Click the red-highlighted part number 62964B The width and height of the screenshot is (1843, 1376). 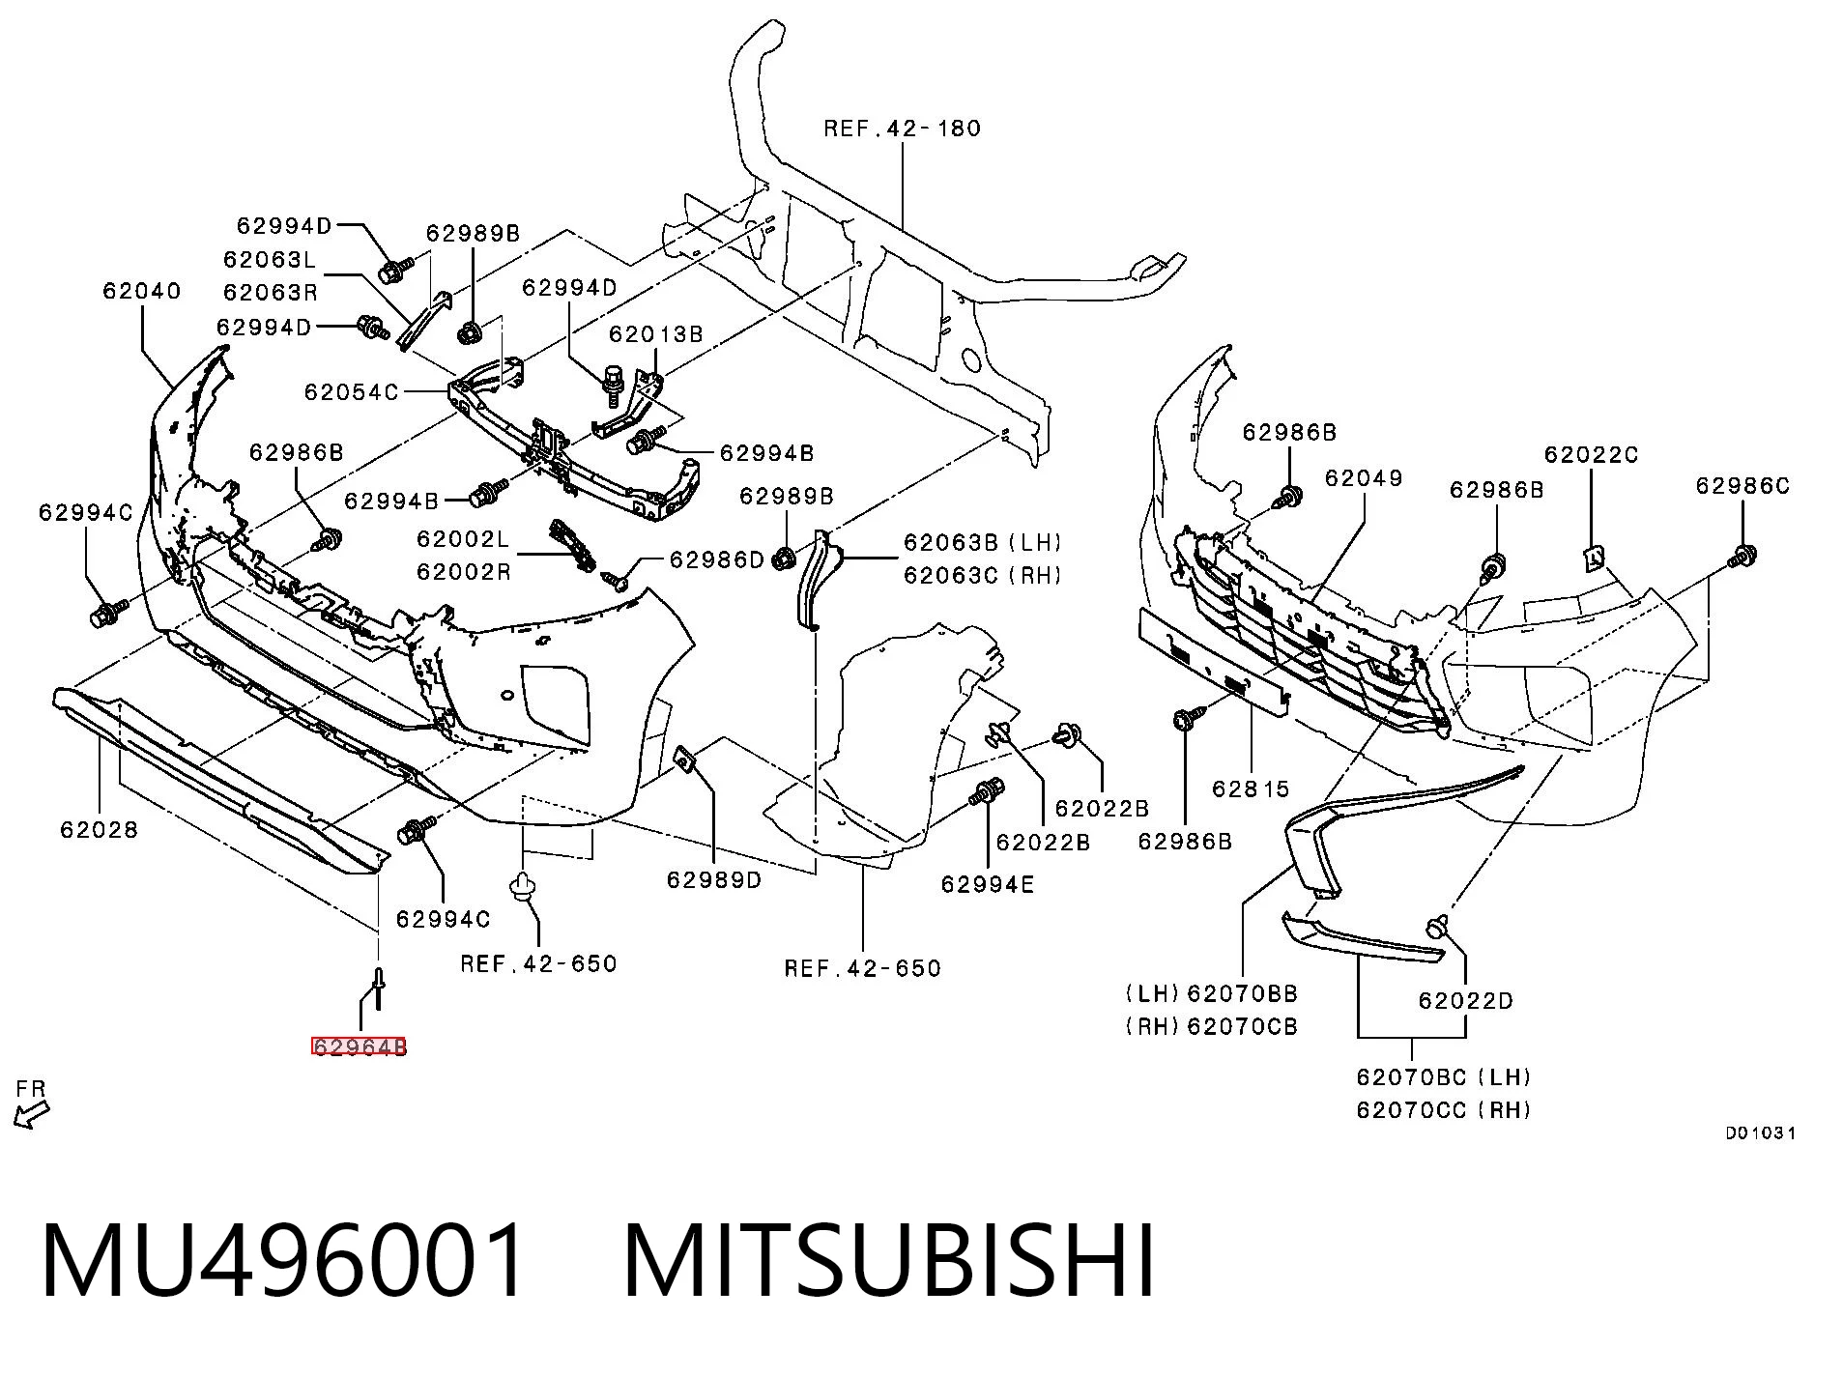point(358,1046)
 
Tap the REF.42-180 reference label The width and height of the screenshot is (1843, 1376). point(902,129)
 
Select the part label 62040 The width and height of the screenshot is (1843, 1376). point(142,291)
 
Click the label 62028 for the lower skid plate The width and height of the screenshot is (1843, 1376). point(99,830)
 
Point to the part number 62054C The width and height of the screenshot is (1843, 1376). point(352,391)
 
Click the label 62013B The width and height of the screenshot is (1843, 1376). point(656,334)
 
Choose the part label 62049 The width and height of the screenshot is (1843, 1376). point(1364,477)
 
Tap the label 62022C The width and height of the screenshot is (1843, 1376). point(1591,454)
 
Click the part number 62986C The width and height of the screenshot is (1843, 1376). point(1742,485)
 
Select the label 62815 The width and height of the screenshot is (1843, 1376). point(1251,789)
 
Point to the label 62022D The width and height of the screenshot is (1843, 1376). point(1466,1001)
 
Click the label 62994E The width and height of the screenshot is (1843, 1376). point(988,884)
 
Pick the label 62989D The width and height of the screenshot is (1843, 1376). point(714,880)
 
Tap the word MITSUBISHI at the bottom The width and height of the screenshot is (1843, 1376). point(889,1261)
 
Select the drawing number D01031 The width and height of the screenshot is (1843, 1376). point(1761,1132)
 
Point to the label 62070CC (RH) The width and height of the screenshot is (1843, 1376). point(1444,1109)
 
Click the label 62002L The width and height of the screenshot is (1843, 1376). point(462,538)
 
